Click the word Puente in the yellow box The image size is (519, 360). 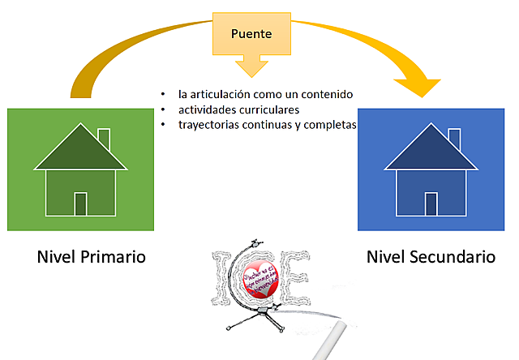tap(251, 35)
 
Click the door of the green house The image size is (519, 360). tap(80, 204)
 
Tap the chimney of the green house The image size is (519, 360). tap(103, 137)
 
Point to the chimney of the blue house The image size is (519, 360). tap(454, 138)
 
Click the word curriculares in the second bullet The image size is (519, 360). tap(264, 109)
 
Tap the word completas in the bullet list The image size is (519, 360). tap(329, 125)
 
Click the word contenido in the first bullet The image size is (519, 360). tap(327, 95)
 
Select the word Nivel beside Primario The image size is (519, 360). tap(56, 257)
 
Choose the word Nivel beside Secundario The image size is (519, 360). tap(386, 257)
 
